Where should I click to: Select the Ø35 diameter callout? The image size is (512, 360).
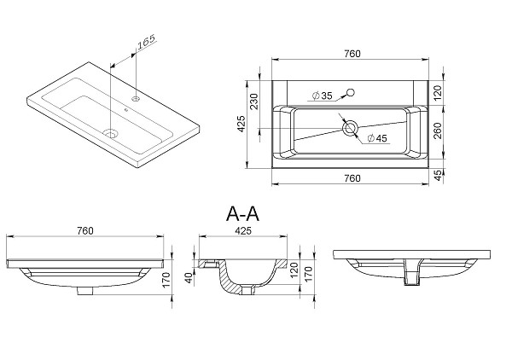click(322, 96)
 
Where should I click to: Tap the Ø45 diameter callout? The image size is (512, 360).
click(376, 138)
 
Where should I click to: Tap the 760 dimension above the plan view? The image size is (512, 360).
click(352, 54)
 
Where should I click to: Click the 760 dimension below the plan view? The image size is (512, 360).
click(352, 178)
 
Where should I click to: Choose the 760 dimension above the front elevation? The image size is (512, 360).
click(85, 230)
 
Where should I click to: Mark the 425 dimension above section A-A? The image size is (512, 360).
click(242, 230)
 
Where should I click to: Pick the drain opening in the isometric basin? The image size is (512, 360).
click(110, 132)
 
